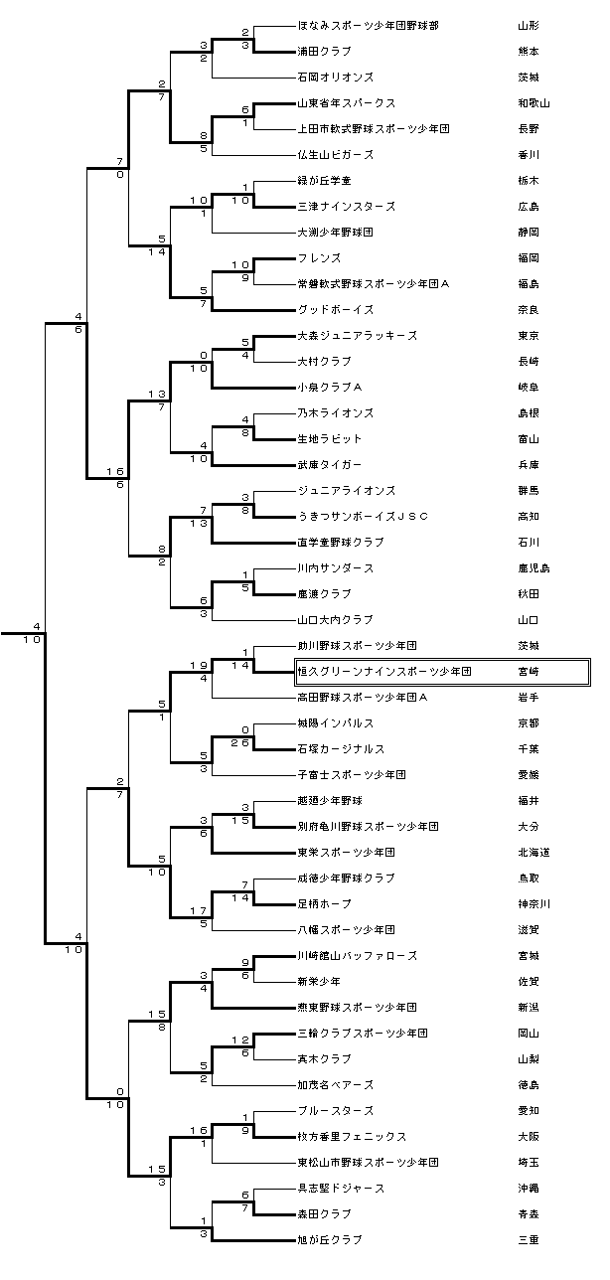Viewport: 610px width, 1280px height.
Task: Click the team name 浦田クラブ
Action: pos(325,51)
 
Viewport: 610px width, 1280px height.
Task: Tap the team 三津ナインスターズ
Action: pos(347,206)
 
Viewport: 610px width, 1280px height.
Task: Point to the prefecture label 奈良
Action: pos(528,309)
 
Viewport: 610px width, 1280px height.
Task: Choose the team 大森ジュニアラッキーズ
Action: pos(357,335)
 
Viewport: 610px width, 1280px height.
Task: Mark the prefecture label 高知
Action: pos(528,516)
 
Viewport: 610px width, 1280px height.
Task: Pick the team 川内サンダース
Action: pos(336,567)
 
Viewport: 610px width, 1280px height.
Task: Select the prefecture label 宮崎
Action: pos(528,672)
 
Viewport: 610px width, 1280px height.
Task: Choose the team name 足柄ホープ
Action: pos(325,903)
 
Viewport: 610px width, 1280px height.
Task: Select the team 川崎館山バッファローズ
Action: pos(357,955)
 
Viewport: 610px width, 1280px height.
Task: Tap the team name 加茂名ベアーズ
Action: pos(336,1084)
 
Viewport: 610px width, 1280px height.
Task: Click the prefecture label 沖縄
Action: pos(528,1188)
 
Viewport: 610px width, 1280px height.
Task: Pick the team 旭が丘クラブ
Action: pos(330,1239)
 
